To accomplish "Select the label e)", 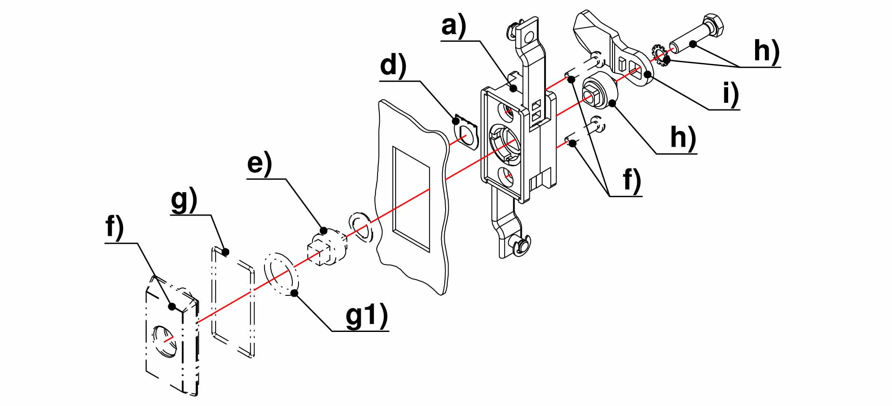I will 259,164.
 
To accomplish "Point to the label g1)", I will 366,316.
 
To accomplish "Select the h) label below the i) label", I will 683,138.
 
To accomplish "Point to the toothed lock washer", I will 659,55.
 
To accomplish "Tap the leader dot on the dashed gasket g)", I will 226,252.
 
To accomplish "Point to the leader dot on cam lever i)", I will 647,74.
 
